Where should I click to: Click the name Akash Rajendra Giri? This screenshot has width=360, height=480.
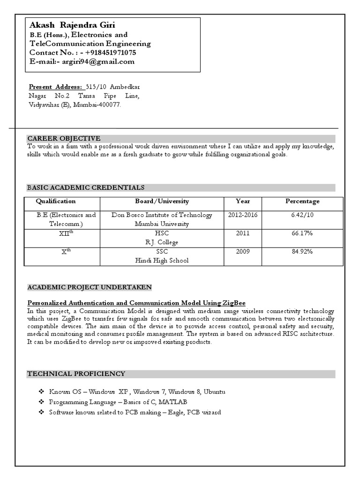(x=72, y=25)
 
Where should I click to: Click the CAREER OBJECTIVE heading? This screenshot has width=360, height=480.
(x=64, y=138)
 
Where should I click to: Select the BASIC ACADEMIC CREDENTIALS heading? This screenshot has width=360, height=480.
(x=86, y=187)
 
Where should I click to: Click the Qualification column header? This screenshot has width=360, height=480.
(x=56, y=201)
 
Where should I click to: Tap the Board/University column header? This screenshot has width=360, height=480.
(x=162, y=201)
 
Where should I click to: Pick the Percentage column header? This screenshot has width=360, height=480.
(x=302, y=201)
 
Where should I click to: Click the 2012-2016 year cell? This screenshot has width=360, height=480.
(x=243, y=215)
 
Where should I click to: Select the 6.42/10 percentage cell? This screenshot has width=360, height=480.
(x=302, y=215)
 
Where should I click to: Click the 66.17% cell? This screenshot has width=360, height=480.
(x=302, y=233)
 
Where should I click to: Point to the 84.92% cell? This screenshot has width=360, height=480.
(x=302, y=251)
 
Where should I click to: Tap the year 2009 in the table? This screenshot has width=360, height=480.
(x=243, y=251)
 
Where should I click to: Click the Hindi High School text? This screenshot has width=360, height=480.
(x=162, y=260)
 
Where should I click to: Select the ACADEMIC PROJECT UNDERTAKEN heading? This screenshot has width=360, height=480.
(x=90, y=287)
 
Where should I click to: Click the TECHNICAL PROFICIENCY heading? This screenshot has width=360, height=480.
(x=76, y=374)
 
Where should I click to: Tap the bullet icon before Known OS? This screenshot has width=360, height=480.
(x=41, y=391)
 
